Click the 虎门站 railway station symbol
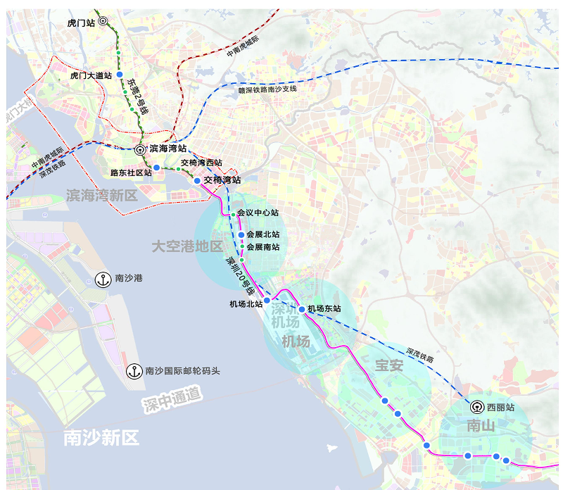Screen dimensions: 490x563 (103, 22)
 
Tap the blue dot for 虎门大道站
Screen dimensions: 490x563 (120, 75)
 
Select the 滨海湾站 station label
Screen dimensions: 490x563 (168, 149)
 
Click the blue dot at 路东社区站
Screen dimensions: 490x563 (157, 168)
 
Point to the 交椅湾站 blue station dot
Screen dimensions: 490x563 (197, 180)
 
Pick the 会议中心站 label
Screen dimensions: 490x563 (258, 213)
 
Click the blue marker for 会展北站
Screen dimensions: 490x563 (241, 234)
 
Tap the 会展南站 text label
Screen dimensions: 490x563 (262, 247)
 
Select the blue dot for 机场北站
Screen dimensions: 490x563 (267, 300)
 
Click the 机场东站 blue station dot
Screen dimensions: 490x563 (302, 309)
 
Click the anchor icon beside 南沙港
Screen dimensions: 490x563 (102, 279)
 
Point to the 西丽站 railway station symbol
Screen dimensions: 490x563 (476, 407)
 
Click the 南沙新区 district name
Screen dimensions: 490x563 (101, 438)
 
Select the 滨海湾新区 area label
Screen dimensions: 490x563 (102, 195)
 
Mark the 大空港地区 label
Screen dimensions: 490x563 (187, 246)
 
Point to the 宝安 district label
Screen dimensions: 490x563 (388, 365)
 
